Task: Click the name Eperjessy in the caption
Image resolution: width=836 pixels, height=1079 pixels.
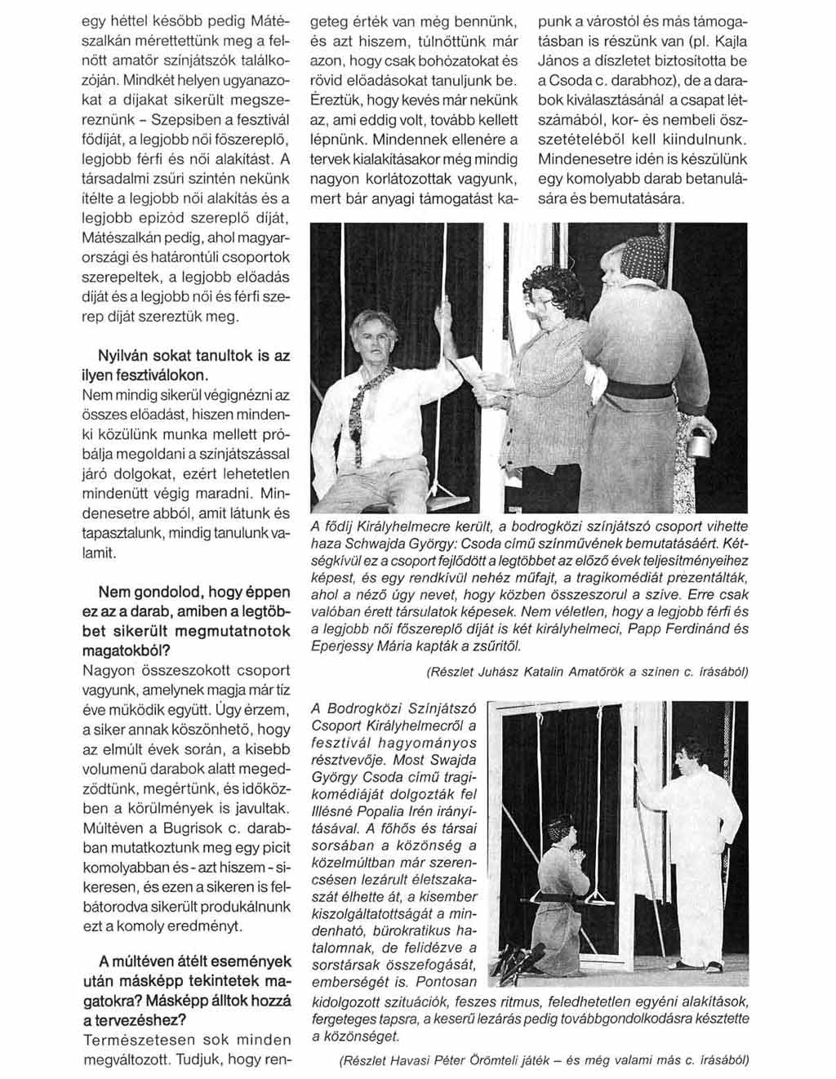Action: click(341, 646)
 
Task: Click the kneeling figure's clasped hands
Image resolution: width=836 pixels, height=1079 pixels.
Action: click(579, 856)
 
